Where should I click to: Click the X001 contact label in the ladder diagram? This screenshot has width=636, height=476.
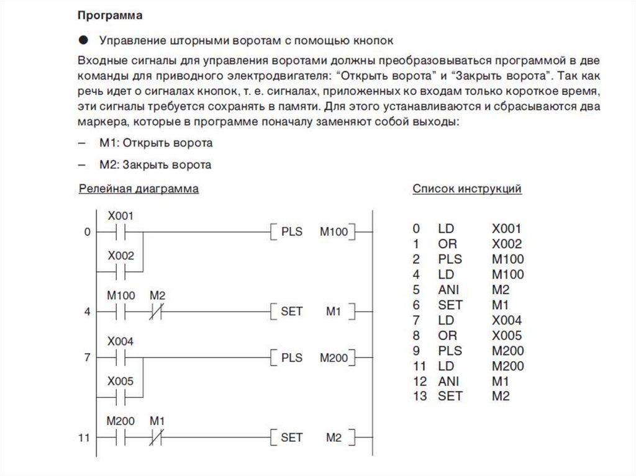(x=120, y=216)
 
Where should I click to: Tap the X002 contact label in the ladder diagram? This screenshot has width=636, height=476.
(x=120, y=256)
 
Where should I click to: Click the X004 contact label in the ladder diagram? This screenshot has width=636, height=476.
(x=120, y=342)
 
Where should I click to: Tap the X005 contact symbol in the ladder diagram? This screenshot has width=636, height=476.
(x=120, y=397)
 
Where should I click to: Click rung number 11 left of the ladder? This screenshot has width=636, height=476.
(x=84, y=438)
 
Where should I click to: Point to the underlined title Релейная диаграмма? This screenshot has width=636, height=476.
(x=139, y=189)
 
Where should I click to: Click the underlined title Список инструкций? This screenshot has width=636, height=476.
(x=466, y=189)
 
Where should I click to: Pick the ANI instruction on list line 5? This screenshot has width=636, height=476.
(x=447, y=290)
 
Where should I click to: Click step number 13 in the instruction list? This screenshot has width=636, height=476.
(x=420, y=396)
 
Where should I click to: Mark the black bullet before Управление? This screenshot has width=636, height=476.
(x=84, y=40)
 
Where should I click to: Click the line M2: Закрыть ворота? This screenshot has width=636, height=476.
(x=155, y=165)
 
